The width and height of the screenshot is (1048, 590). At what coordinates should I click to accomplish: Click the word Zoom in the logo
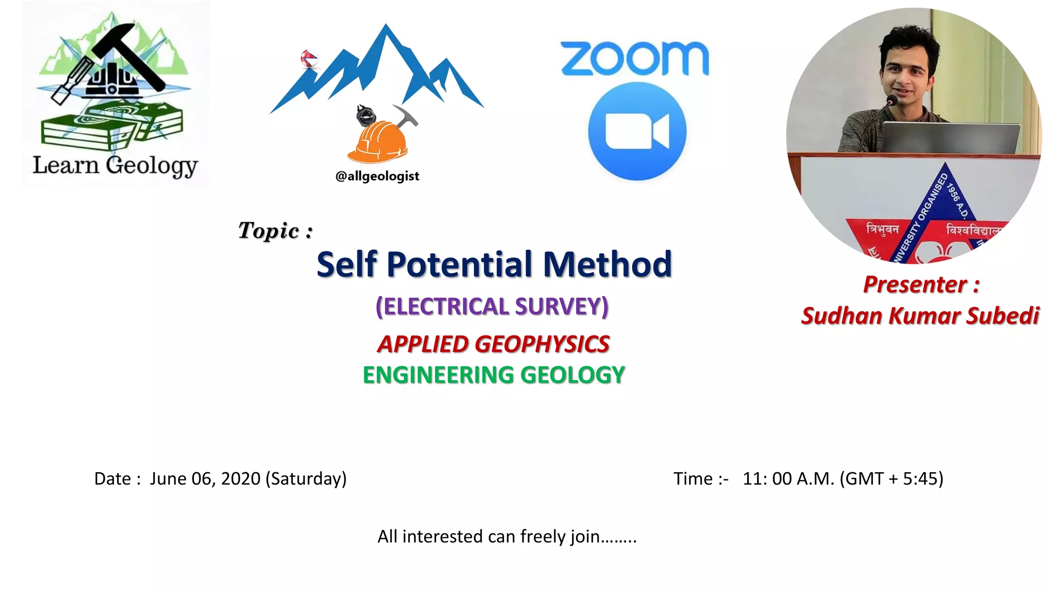635,58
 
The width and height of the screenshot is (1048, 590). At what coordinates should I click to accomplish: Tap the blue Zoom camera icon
637,132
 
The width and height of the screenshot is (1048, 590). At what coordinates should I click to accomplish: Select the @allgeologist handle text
377,176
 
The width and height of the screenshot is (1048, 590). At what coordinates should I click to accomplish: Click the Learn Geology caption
115,165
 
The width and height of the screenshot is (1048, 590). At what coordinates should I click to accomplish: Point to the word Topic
269,230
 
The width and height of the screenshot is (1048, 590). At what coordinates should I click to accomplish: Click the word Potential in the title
460,265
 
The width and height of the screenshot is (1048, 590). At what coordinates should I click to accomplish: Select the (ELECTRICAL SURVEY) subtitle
492,307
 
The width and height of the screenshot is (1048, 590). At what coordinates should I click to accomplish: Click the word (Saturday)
306,479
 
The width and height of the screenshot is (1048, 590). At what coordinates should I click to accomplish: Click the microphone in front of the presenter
891,101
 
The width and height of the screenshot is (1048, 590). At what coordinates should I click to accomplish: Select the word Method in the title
607,265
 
